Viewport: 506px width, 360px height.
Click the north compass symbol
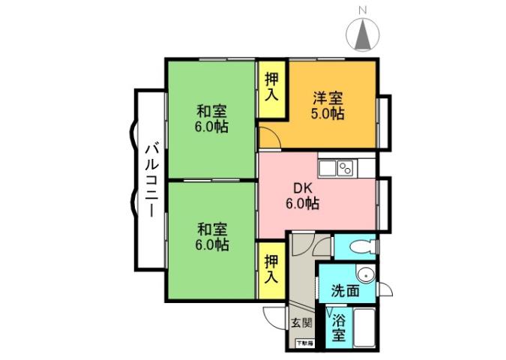point(363,34)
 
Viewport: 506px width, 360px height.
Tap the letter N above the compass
point(363,10)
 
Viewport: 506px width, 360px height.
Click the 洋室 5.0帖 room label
point(328,106)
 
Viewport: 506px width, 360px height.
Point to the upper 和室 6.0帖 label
point(211,118)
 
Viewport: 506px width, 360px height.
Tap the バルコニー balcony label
point(151,179)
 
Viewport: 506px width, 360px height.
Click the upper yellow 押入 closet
point(271,88)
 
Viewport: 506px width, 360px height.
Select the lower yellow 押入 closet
point(271,268)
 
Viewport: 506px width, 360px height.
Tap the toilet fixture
point(360,245)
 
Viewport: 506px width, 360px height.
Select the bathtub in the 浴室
point(366,328)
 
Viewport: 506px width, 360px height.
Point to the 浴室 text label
point(339,328)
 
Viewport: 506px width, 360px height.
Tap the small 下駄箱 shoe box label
point(304,343)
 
